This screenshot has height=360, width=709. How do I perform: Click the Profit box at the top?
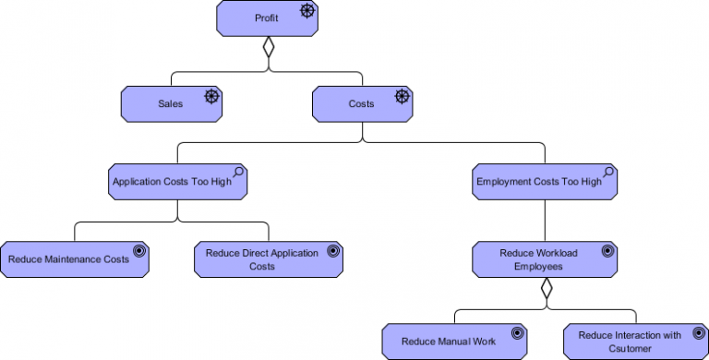point(268,18)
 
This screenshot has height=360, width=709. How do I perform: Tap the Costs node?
point(362,103)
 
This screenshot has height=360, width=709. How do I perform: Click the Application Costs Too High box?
point(178,182)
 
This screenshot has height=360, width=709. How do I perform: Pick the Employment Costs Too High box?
point(544,182)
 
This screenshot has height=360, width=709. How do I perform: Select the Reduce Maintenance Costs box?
point(74,259)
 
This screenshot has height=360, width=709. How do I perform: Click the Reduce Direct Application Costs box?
point(269,259)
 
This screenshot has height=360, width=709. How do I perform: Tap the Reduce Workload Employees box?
point(544,259)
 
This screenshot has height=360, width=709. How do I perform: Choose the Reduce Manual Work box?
point(455,341)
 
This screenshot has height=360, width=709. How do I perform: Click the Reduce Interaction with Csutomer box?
point(635,341)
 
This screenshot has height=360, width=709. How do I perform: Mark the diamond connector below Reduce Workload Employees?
point(546,289)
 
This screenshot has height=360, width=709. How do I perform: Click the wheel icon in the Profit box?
point(306,11)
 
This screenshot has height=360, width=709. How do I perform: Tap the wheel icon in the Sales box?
point(211,96)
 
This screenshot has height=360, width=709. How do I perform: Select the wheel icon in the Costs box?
point(402,96)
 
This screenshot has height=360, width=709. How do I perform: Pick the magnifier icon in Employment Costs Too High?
point(608,173)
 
